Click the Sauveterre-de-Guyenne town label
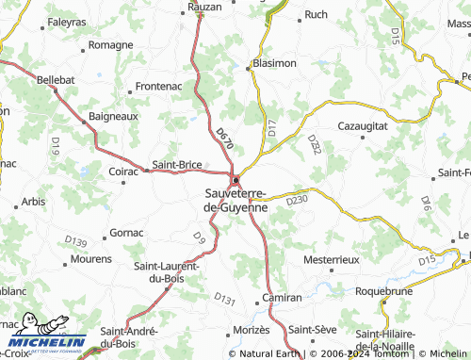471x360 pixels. point(236,200)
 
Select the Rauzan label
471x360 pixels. point(203,6)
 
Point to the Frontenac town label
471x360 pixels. point(156,86)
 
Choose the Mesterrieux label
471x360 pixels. point(333,258)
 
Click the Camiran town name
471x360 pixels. point(283,297)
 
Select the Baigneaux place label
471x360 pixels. point(113,116)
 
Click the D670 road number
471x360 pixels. point(223,141)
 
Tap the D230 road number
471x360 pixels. point(297,200)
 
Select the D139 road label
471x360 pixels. point(76,242)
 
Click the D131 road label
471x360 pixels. point(224,299)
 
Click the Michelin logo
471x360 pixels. point(45,333)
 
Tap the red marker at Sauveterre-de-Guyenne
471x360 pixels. point(235,182)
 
